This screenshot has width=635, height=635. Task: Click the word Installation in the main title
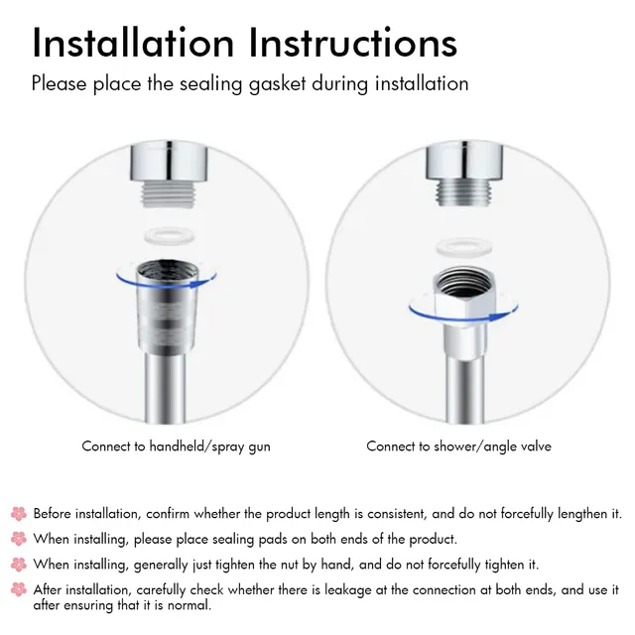[133, 43]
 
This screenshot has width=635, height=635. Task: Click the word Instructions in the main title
[353, 43]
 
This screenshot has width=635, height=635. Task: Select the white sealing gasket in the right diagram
[463, 247]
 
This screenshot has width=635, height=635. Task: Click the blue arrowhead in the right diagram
[496, 317]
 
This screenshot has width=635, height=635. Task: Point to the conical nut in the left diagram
[168, 306]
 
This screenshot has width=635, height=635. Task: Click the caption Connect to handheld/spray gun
[176, 446]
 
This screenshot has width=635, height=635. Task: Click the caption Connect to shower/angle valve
[458, 446]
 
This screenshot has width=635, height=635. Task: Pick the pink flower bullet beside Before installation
[19, 514]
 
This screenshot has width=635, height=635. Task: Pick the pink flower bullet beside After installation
[19, 589]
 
